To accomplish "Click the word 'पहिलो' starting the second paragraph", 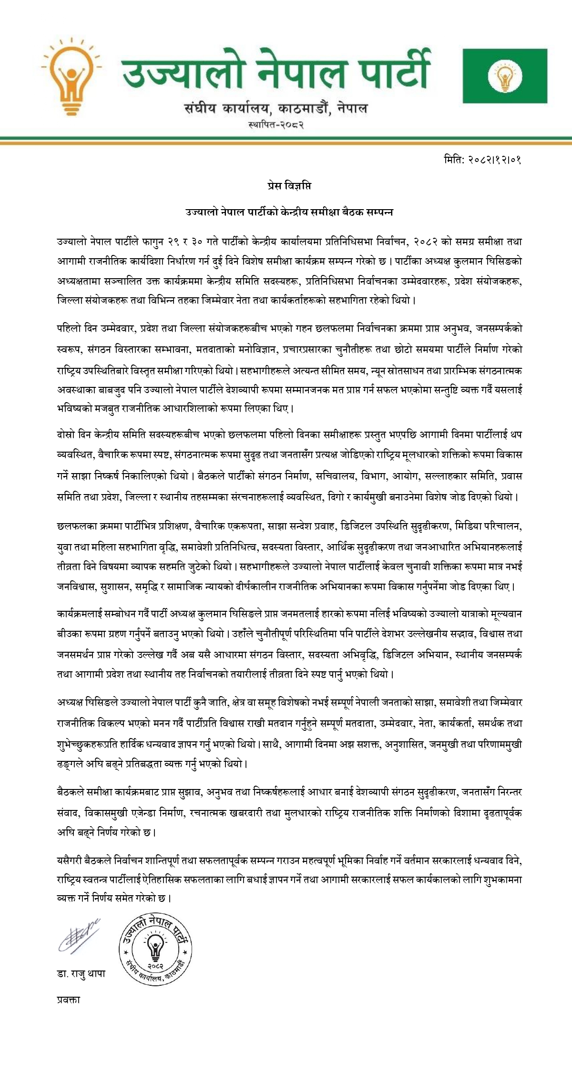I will (x=68, y=329).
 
